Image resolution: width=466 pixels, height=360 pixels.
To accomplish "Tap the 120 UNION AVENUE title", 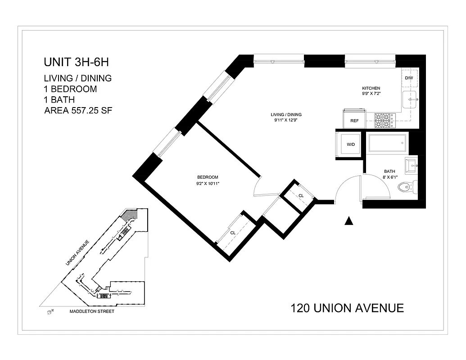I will (347, 308).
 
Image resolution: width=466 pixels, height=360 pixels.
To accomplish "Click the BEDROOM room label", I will (208, 177).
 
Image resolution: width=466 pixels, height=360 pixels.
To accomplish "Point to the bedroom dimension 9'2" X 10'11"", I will (208, 183).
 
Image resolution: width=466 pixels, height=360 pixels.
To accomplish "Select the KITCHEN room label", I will (371, 88).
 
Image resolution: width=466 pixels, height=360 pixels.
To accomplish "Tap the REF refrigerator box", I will (354, 121).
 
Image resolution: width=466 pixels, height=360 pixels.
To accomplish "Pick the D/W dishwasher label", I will (409, 78).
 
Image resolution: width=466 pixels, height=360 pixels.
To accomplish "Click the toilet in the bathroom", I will (408, 185).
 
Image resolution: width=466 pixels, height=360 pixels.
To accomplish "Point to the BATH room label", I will (389, 171).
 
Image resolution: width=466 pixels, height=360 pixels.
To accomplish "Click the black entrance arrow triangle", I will (348, 220).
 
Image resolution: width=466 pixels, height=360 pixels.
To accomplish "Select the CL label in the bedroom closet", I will (233, 233).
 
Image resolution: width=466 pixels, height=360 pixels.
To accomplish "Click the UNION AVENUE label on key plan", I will (77, 253).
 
